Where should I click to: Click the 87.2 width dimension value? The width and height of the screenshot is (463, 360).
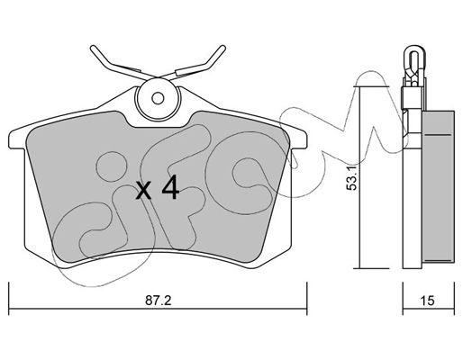159,301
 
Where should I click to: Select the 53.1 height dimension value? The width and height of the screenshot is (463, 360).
351,178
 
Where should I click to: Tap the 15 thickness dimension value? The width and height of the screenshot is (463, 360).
427,301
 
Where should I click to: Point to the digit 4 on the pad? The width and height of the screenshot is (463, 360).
170,187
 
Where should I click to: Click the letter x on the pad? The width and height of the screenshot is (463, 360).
143,190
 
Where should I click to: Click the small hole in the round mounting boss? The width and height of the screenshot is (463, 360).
158,98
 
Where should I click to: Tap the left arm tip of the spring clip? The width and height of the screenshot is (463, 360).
94,48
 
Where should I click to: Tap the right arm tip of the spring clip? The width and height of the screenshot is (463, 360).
222,48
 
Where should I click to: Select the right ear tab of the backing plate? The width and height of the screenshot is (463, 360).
298,139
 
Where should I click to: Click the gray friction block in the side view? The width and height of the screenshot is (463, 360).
438,186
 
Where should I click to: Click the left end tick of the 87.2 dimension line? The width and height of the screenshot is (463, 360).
9,298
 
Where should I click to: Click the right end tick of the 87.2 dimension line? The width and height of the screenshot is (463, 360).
306,298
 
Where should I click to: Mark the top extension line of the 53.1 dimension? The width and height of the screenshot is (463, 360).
371,87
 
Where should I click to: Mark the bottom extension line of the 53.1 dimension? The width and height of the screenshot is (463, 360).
371,268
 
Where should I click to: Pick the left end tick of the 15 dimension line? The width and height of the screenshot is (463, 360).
403,298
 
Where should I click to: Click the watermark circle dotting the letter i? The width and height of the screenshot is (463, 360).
112,166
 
